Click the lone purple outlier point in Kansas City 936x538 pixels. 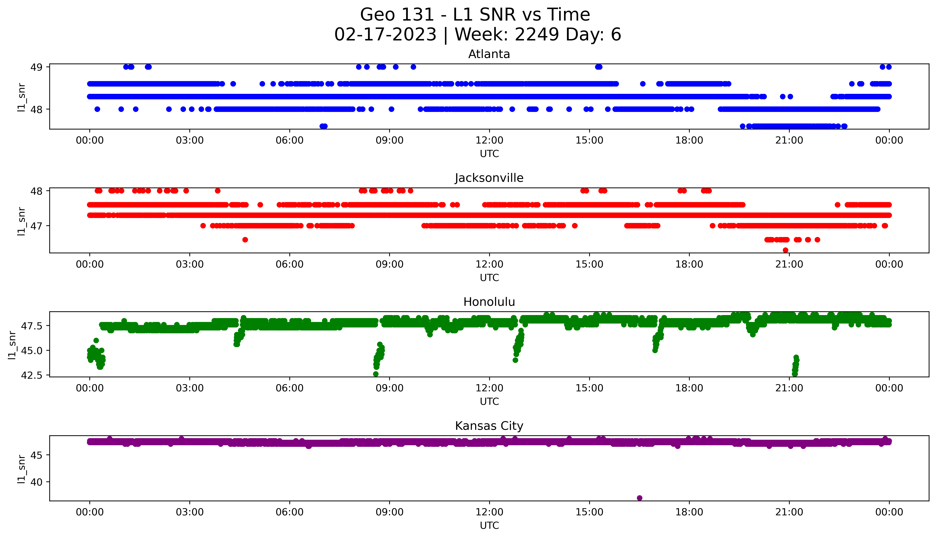[x=640, y=498]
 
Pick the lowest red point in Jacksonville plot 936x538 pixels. [x=785, y=250]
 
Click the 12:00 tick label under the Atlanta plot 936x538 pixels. [x=489, y=140]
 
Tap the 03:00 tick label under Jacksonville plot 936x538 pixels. [x=190, y=264]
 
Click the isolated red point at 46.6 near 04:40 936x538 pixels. [x=245, y=240]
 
